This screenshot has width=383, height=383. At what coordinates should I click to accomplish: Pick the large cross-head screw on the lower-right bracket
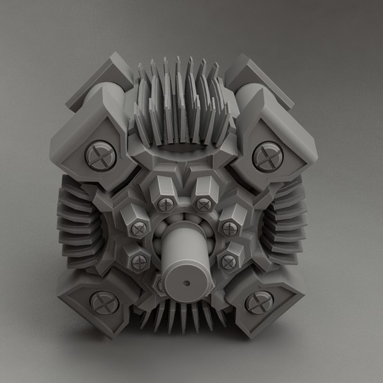click(x=259, y=301)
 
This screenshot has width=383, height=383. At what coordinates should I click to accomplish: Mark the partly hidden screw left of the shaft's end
click(x=160, y=287)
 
